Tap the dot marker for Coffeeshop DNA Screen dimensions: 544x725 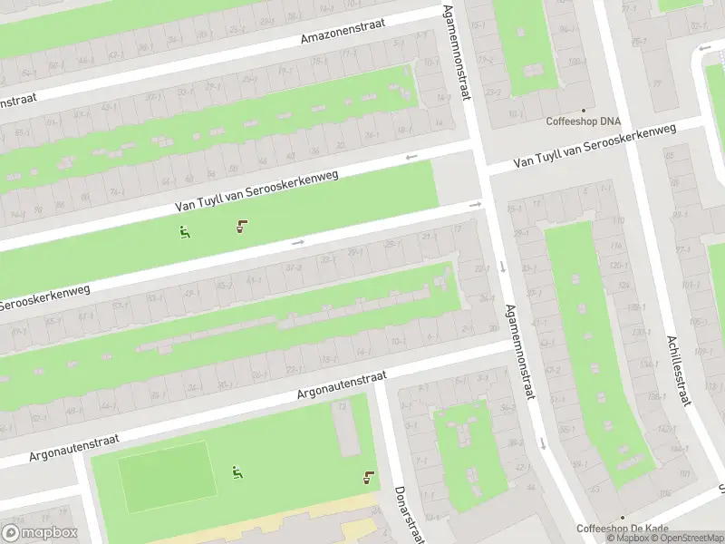pyautogui.click(x=584, y=110)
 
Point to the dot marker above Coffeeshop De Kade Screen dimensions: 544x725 pyautogui.click(x=623, y=518)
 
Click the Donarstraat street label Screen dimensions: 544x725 pyautogui.click(x=407, y=517)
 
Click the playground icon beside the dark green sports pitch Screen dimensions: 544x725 pyautogui.click(x=237, y=471)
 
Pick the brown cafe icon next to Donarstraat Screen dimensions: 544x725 pyautogui.click(x=368, y=478)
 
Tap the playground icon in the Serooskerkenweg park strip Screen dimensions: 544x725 pyautogui.click(x=185, y=231)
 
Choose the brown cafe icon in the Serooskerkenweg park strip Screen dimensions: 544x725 pyautogui.click(x=241, y=226)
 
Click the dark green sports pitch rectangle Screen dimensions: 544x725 pyautogui.click(x=168, y=477)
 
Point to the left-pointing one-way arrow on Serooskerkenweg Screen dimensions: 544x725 pyautogui.click(x=411, y=157)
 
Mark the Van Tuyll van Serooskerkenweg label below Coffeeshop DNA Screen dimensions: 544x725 pyautogui.click(x=594, y=147)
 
